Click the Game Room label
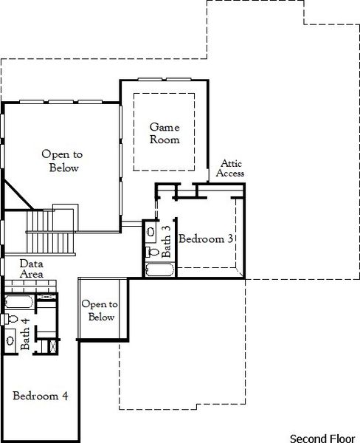tap(165, 133)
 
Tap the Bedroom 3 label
tap(207, 239)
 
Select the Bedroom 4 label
tap(41, 396)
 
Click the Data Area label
tap(31, 269)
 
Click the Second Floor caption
tap(321, 437)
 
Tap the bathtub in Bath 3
tap(159, 269)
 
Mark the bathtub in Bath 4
tap(18, 301)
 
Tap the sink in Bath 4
tap(10, 339)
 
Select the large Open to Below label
tap(60, 161)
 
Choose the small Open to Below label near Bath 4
tap(98, 311)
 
